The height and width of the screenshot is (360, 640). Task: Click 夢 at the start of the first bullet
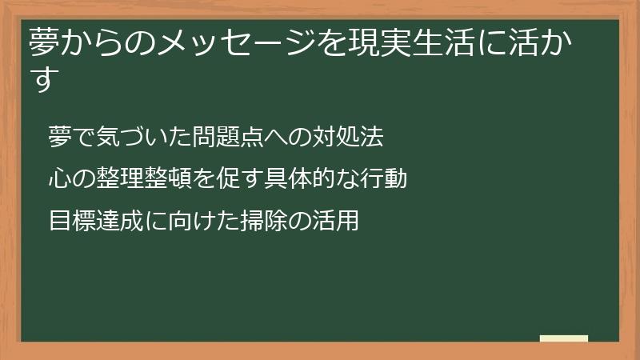[60, 137]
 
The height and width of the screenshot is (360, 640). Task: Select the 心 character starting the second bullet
[60, 178]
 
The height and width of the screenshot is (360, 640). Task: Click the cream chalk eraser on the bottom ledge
[564, 338]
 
